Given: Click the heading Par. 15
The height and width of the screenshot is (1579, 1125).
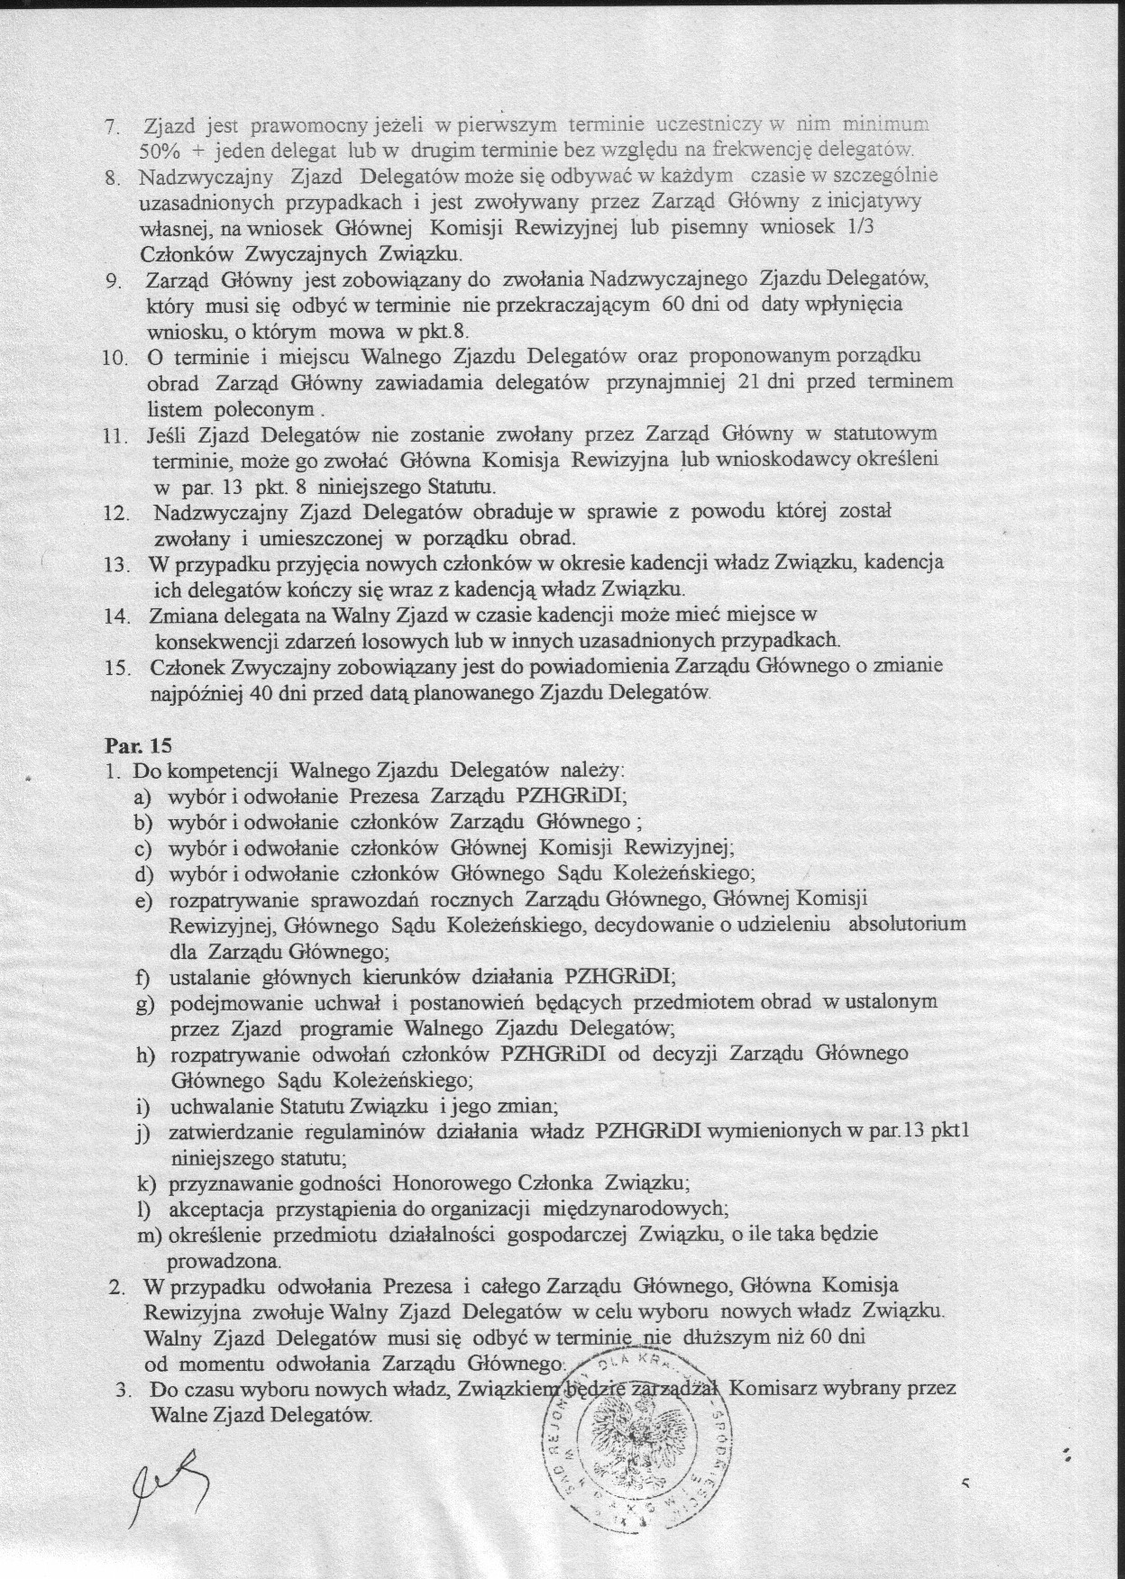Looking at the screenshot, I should (x=138, y=746).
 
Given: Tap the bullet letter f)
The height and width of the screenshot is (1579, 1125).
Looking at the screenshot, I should (x=142, y=977).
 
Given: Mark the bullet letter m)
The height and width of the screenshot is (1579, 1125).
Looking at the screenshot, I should (x=149, y=1235).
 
